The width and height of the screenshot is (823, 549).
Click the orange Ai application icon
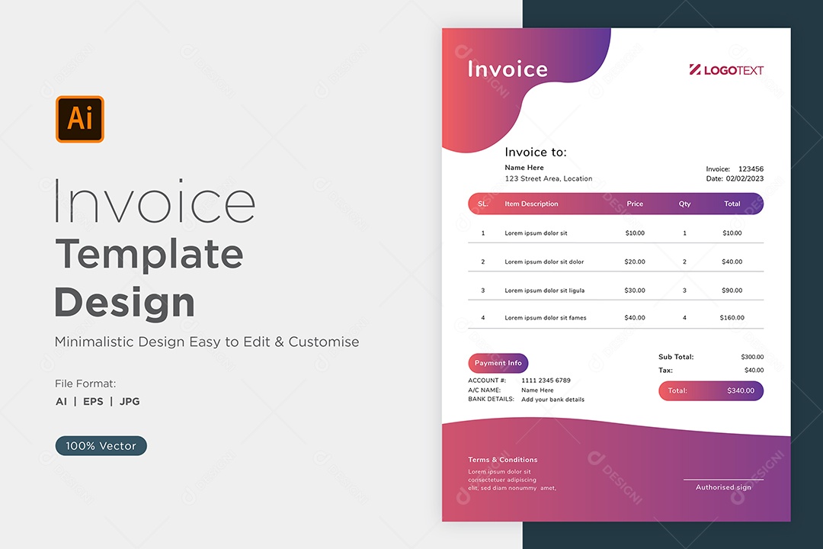click(x=80, y=119)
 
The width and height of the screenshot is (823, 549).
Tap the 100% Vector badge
click(x=101, y=445)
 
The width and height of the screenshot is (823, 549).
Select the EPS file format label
click(x=94, y=401)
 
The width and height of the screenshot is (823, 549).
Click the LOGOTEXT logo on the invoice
click(x=726, y=70)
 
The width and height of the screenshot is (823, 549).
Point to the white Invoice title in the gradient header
click(x=508, y=69)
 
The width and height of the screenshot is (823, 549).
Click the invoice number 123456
click(x=751, y=169)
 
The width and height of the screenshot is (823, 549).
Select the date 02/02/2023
click(x=745, y=178)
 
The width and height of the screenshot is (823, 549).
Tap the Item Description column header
click(x=531, y=204)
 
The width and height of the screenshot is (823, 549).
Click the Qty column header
click(x=684, y=204)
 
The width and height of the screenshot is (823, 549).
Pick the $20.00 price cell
click(x=635, y=262)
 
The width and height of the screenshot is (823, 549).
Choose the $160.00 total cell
click(x=732, y=318)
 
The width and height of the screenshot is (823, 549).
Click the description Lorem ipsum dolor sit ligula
click(x=544, y=291)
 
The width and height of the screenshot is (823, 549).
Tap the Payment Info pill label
click(x=498, y=363)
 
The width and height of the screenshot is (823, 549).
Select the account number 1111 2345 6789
click(x=546, y=380)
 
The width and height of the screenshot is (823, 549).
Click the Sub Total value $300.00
click(x=752, y=358)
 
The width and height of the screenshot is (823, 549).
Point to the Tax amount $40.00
click(x=754, y=371)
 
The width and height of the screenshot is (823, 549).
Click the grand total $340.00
click(x=741, y=391)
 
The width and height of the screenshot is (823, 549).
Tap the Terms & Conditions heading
click(x=503, y=460)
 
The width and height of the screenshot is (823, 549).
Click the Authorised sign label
click(x=723, y=487)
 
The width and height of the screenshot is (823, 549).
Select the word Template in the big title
click(x=149, y=255)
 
